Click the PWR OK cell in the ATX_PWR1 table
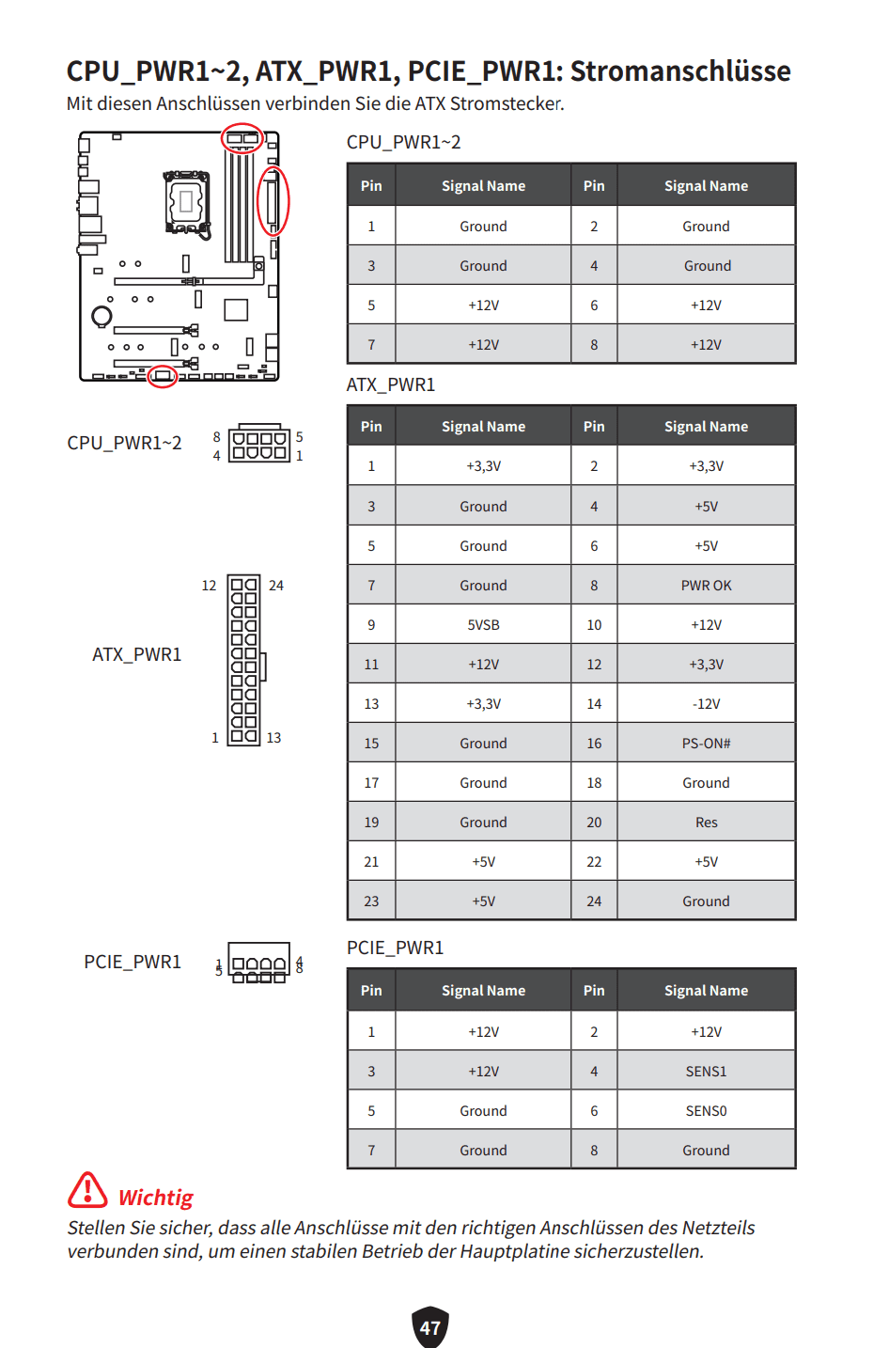tap(706, 586)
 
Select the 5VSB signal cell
tap(483, 625)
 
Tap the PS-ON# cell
tap(706, 744)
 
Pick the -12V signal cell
tap(706, 704)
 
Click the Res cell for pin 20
tap(706, 823)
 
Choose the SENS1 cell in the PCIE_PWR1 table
tap(706, 1072)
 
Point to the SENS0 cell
tap(706, 1111)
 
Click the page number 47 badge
tap(430, 1327)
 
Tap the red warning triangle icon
tap(87, 1190)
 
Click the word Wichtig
tap(155, 1198)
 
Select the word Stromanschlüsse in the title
tap(680, 71)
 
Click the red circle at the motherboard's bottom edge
tap(163, 376)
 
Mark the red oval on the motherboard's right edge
tap(273, 201)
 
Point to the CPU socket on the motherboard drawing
tap(186, 201)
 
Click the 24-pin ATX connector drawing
tap(244, 661)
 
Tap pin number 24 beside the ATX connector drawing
tap(276, 586)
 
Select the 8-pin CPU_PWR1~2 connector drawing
tap(259, 444)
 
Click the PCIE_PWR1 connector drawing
tap(259, 964)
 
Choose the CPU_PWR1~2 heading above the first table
tap(403, 142)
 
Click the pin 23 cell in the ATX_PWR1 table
tap(371, 901)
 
